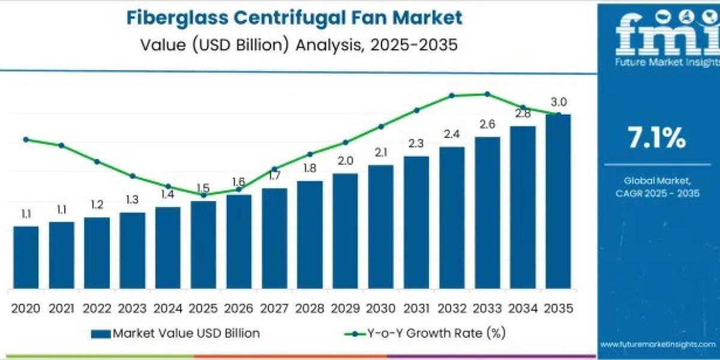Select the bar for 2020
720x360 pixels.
pyautogui.click(x=26, y=257)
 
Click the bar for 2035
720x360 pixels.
pyautogui.click(x=558, y=201)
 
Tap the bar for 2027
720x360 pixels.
pyautogui.click(x=274, y=238)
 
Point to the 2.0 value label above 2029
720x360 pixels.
pyautogui.click(x=345, y=161)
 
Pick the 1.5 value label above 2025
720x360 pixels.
pyautogui.click(x=203, y=188)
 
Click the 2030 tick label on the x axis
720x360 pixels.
pyautogui.click(x=380, y=308)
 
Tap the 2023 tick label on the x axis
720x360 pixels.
pyautogui.click(x=132, y=308)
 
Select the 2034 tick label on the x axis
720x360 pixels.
pyautogui.click(x=523, y=308)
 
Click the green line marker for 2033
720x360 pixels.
pyautogui.click(x=487, y=94)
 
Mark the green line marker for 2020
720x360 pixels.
pyautogui.click(x=26, y=139)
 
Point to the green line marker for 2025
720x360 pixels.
pyautogui.click(x=203, y=195)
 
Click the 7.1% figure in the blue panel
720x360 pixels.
pyautogui.click(x=656, y=139)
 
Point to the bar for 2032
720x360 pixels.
pyautogui.click(x=452, y=217)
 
